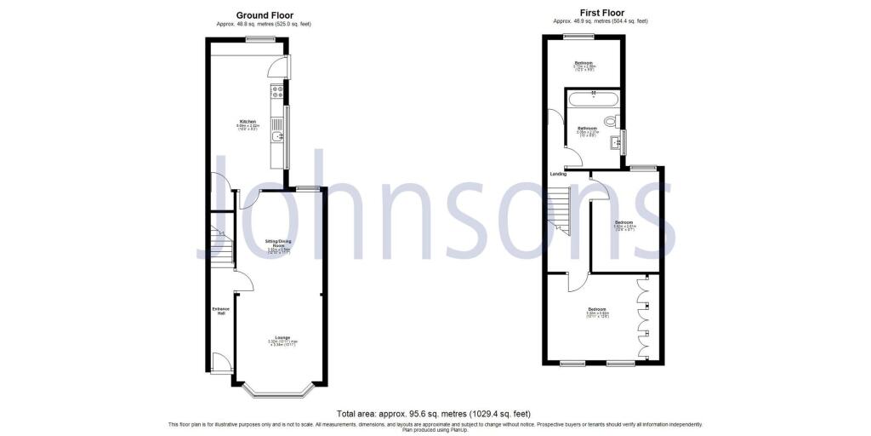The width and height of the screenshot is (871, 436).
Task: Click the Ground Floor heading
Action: click(x=265, y=15)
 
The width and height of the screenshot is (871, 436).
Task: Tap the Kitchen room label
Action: click(x=248, y=122)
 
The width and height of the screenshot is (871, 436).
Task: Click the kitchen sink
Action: click(x=277, y=136)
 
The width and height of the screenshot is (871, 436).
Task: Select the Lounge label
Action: click(x=281, y=338)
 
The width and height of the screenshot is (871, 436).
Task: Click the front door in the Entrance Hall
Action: click(x=219, y=363)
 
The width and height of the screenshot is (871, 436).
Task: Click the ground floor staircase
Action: click(x=220, y=247)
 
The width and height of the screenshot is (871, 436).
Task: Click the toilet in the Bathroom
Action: click(x=610, y=120)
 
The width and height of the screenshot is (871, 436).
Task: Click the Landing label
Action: click(x=558, y=174)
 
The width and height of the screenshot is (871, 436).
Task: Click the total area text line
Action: click(x=435, y=412)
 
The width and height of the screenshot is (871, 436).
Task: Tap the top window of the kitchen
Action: click(x=255, y=39)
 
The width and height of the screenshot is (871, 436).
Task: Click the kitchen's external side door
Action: click(x=280, y=68)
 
